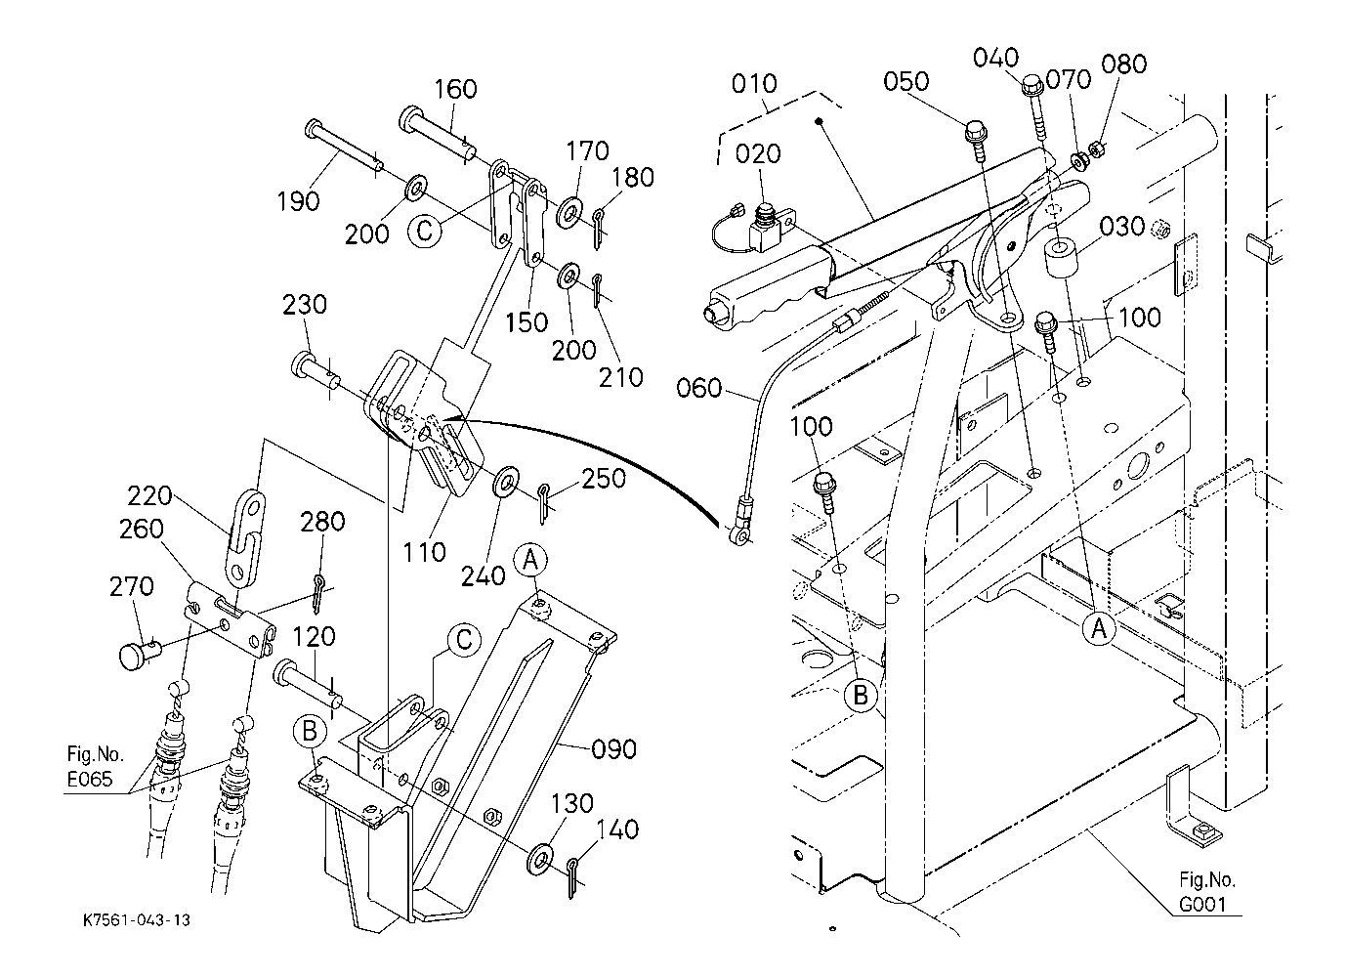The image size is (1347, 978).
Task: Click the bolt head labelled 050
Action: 975,132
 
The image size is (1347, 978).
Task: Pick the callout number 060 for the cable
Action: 699,390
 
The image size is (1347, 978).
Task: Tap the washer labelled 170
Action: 569,210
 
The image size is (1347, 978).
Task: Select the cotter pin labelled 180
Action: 599,222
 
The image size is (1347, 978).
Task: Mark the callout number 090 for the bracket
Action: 613,749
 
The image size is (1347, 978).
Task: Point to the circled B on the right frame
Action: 861,696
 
